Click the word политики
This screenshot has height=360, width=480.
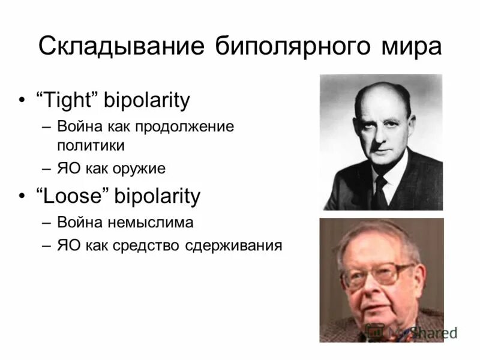coord(91,145)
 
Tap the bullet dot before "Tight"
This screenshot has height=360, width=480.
coord(22,101)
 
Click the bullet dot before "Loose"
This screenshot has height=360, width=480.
coord(22,196)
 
